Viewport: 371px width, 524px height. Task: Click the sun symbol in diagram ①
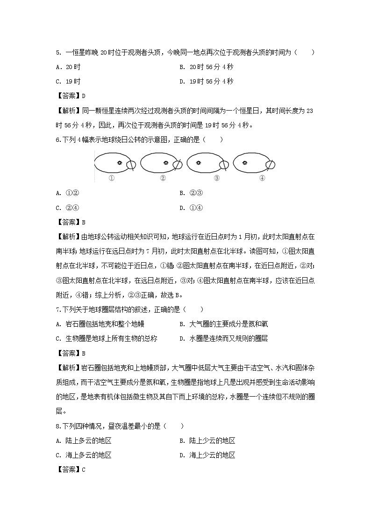(120, 162)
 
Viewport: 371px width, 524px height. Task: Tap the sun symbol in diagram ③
(199, 162)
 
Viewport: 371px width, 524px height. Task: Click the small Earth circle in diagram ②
(178, 164)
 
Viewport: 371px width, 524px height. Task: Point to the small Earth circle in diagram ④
(270, 164)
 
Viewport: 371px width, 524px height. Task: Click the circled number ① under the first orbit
(112, 178)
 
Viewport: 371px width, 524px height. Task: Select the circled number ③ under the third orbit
(216, 178)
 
